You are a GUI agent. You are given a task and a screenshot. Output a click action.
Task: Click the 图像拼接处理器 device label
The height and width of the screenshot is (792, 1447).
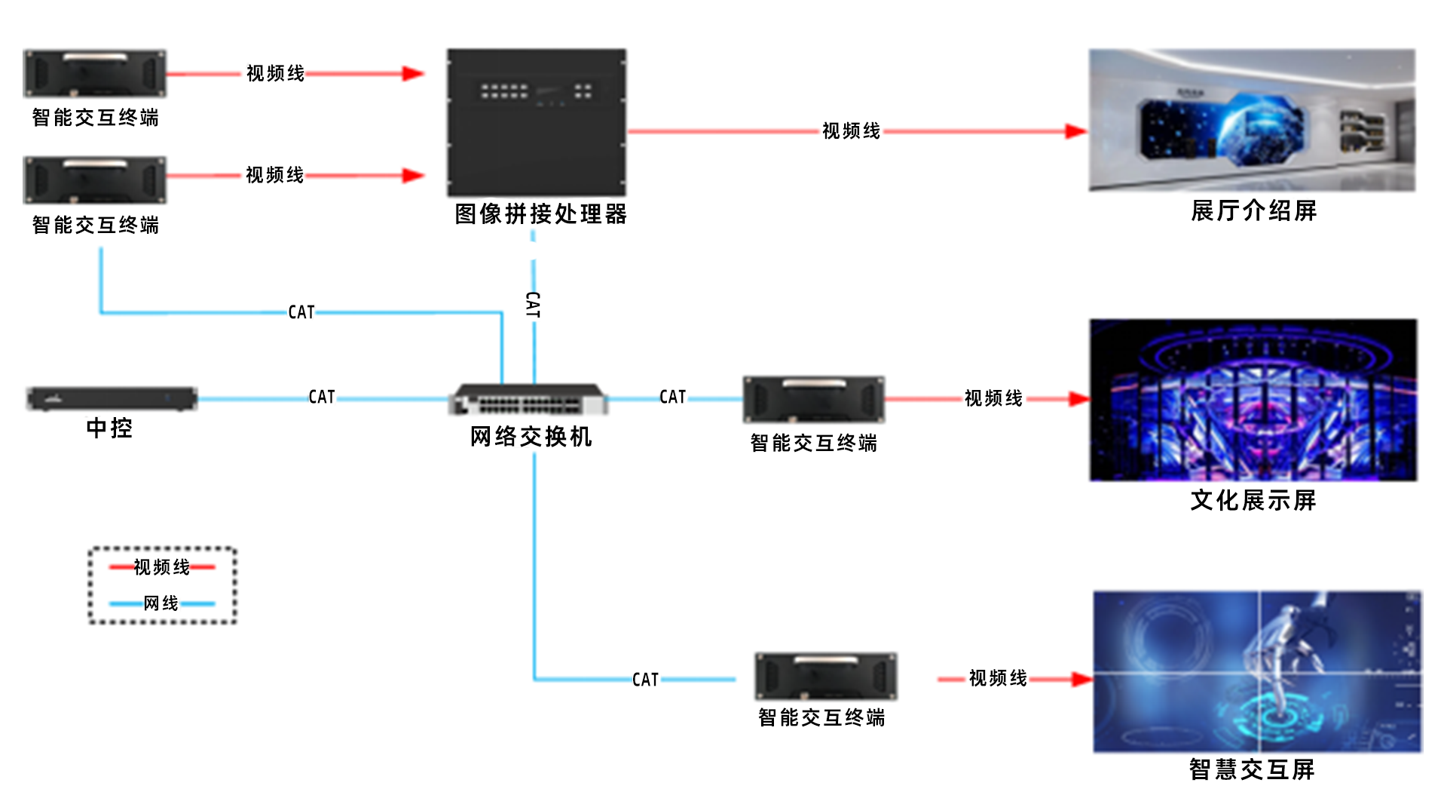coord(540,214)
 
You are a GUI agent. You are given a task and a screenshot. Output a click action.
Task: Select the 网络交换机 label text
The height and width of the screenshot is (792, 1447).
coord(531,437)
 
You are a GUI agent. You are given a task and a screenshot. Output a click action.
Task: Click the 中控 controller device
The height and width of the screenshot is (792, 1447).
coord(112,398)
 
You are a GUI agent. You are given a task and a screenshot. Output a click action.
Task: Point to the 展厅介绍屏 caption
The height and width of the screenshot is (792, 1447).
coord(1253,210)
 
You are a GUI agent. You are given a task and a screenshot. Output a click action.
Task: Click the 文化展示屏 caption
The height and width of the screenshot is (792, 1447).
coord(1253,500)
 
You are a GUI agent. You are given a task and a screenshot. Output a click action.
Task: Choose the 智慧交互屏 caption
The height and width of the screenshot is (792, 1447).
coord(1252,769)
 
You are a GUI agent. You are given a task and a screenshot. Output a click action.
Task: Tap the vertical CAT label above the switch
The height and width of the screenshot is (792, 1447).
coord(533,305)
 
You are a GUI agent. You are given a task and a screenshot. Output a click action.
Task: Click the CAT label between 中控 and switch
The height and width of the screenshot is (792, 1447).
coord(322,397)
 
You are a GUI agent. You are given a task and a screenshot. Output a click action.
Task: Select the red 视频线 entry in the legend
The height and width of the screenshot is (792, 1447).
coord(162,566)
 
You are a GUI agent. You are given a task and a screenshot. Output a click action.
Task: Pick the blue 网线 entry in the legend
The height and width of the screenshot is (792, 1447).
coord(161,603)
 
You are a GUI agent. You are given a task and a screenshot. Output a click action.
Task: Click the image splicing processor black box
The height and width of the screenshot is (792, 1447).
coord(536,122)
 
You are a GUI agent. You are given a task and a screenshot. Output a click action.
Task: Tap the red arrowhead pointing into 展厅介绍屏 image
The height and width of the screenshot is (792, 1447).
coord(1075,131)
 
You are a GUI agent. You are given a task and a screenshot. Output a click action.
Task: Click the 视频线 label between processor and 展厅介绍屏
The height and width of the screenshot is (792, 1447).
coord(851,131)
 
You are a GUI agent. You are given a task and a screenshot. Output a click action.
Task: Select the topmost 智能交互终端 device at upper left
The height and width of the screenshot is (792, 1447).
coord(95,73)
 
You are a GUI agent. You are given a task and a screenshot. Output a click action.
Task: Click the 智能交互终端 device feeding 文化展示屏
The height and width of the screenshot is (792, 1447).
coord(813,399)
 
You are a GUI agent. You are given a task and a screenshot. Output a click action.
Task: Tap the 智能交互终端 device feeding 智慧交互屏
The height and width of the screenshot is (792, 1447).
coord(826,677)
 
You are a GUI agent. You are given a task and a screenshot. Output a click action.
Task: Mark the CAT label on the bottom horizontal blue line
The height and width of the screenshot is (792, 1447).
coord(645,680)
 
